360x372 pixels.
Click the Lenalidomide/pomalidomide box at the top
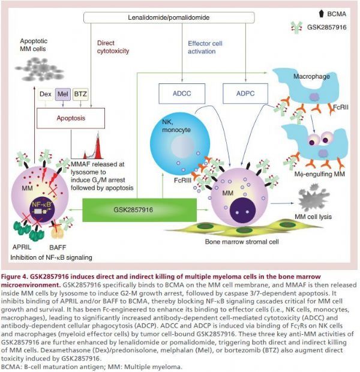pos(169,17)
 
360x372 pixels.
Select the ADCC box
pos(182,94)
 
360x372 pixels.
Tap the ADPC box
pos(245,94)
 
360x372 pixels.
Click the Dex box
pos(46,94)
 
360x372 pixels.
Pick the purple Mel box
pos(63,94)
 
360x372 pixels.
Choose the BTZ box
pos(80,94)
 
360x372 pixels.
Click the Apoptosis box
pos(71,118)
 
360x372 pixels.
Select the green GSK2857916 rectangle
pos(139,210)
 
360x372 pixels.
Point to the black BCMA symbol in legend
pos(321,14)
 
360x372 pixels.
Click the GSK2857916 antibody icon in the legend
pos(296,28)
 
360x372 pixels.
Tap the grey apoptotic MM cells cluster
pos(40,69)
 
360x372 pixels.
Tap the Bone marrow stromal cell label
pos(242,242)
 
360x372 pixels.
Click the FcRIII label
pos(182,181)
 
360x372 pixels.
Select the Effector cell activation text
pos(205,47)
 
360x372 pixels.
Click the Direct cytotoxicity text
pos(113,47)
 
